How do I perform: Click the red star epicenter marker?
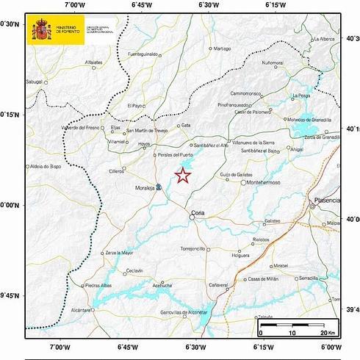click(183, 175)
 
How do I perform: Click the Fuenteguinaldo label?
click(143, 54)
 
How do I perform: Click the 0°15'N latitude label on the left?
click(10, 115)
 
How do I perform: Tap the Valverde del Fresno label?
click(82, 128)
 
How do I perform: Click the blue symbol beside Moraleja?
click(159, 187)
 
